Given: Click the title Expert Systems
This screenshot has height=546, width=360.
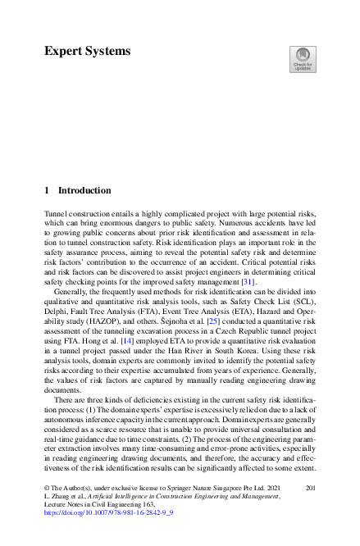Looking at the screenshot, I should (x=87, y=51).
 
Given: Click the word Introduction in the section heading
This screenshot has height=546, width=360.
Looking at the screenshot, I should (x=84, y=190).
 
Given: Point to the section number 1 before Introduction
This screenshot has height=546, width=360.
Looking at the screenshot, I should (x=47, y=190).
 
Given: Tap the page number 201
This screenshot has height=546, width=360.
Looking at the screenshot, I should (x=310, y=488).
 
